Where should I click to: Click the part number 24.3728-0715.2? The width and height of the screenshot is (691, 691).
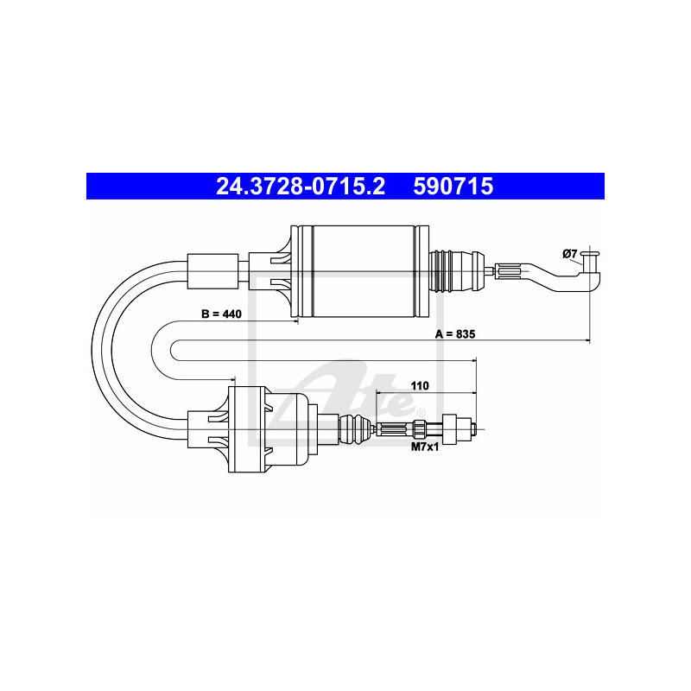(301, 186)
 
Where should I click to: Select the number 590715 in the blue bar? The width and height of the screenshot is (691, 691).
(453, 186)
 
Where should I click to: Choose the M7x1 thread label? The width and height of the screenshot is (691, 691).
(424, 447)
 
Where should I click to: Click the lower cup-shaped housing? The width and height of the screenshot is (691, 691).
(259, 429)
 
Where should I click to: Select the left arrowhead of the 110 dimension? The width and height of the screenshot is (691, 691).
(380, 393)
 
